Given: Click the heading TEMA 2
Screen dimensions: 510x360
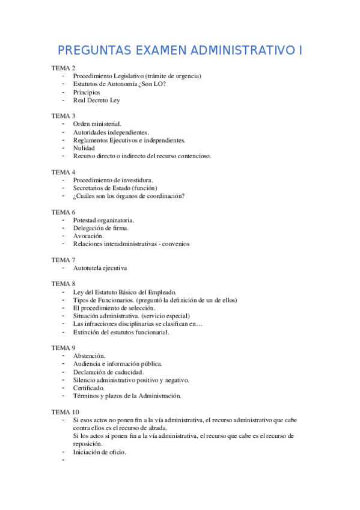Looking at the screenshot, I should (63, 68).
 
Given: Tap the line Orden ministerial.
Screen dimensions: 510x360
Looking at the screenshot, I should (97, 124).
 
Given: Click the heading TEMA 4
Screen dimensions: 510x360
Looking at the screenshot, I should (63, 172).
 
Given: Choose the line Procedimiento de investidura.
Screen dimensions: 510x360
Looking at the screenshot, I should (112, 180).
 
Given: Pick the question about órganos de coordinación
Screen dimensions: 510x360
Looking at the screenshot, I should (129, 195).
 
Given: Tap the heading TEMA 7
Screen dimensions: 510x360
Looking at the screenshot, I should (63, 260).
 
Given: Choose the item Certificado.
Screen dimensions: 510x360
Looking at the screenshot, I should (89, 388).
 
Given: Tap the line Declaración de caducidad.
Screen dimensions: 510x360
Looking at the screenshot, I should (108, 372).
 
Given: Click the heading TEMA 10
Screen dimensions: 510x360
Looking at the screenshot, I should (65, 412).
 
